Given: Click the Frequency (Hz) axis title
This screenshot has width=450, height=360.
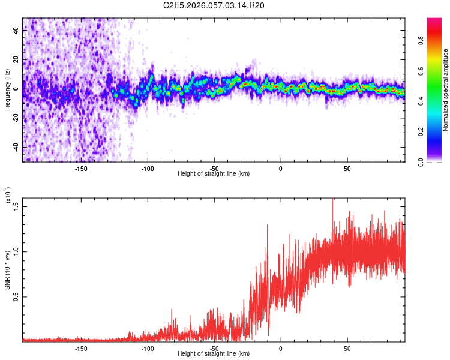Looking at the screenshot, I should (x=7, y=90).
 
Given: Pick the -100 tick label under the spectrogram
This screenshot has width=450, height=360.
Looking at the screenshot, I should (x=148, y=168).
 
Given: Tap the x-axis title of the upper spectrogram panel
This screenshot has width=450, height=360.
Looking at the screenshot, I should (x=214, y=174).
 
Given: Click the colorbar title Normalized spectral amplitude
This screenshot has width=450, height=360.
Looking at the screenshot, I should (x=446, y=90).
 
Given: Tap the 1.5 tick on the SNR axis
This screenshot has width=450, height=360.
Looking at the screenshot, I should (x=16, y=205).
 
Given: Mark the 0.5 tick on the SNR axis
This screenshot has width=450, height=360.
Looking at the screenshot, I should (x=16, y=296).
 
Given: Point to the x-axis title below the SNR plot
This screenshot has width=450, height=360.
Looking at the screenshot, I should (x=214, y=354).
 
